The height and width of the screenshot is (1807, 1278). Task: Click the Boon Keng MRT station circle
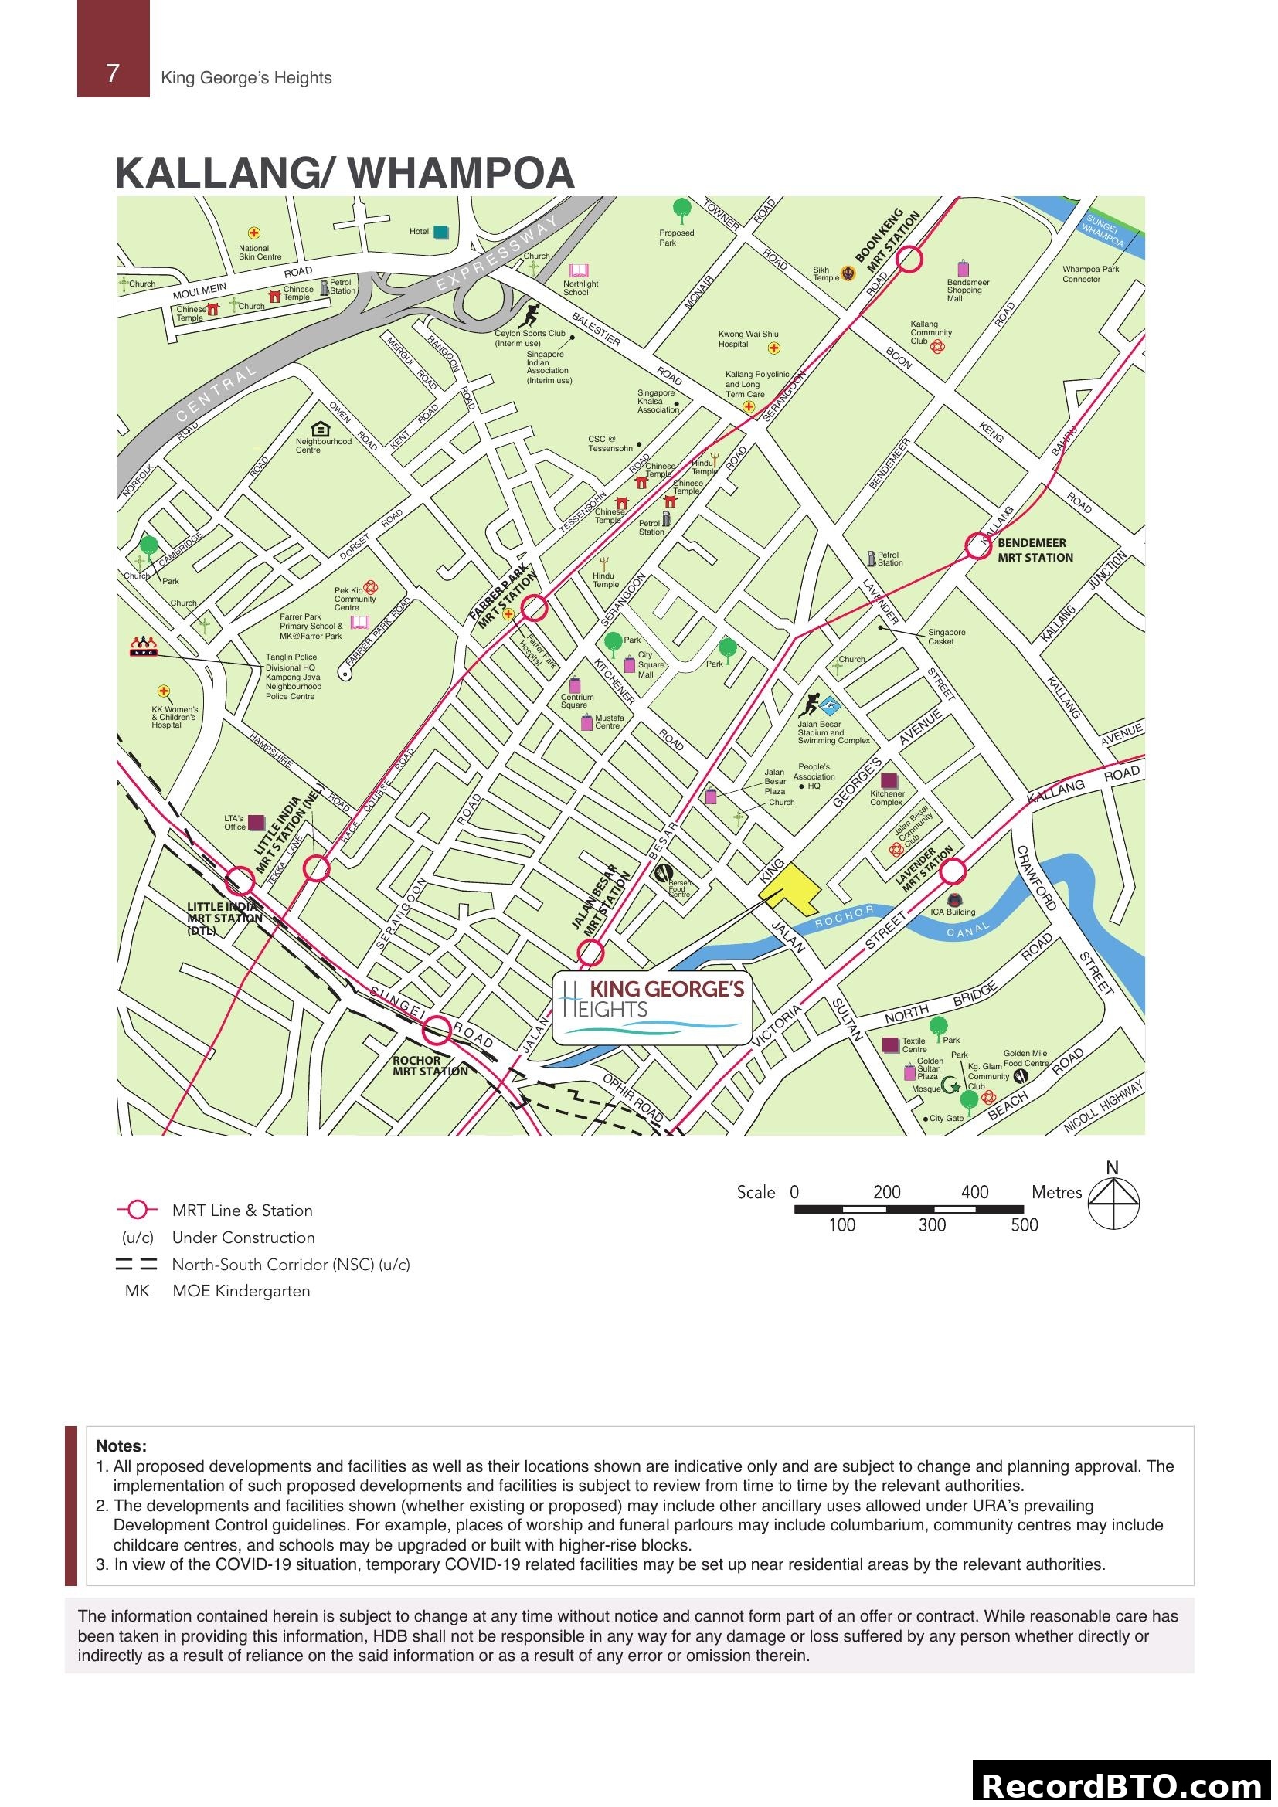pos(909,259)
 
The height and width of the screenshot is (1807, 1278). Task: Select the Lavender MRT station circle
pos(953,871)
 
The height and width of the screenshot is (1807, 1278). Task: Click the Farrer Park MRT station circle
pos(535,606)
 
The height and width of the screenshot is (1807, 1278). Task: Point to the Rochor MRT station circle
pos(437,1031)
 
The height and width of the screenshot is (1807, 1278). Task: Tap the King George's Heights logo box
pos(651,1007)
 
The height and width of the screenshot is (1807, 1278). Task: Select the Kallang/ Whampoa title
pos(345,173)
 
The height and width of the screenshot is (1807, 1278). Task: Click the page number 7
pos(114,73)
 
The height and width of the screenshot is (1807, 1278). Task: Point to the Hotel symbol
pos(441,232)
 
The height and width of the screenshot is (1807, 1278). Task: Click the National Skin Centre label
pos(259,253)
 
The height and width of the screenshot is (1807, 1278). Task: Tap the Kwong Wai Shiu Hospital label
pos(748,339)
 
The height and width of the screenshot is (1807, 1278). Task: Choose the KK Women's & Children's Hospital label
pos(174,717)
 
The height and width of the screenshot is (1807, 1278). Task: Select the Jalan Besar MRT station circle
pos(590,953)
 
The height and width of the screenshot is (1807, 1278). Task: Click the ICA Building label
pos(953,912)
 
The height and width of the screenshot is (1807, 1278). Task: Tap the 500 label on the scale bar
pos(1024,1224)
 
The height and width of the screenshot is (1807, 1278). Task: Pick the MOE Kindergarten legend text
pos(241,1291)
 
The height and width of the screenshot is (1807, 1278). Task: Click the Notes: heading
pos(121,1445)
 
